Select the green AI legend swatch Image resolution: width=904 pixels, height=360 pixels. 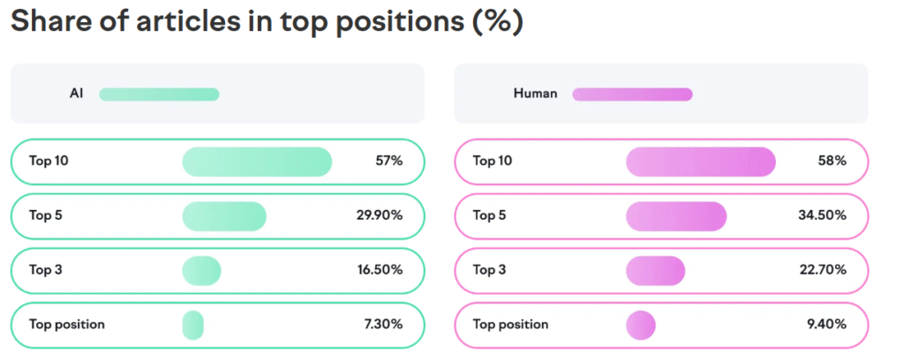click(159, 94)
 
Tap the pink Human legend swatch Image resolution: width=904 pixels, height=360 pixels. click(632, 94)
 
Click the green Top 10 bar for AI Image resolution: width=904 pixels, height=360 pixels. click(257, 161)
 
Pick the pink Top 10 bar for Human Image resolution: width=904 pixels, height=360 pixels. click(701, 161)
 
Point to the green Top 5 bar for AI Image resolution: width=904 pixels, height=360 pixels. click(224, 216)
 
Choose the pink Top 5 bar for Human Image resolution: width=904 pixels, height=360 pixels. click(676, 216)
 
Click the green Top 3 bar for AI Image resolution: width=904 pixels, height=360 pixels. click(202, 271)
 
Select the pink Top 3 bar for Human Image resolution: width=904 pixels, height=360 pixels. click(656, 271)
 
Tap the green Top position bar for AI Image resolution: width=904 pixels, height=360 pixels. click(193, 325)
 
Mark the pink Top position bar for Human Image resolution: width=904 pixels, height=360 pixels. click(641, 325)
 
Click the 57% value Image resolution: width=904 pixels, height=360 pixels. click(389, 161)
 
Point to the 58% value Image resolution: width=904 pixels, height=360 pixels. click(833, 161)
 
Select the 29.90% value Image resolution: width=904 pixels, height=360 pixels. click(380, 216)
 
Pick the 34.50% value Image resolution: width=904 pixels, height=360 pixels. click(823, 216)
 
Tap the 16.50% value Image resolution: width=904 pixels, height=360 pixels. click(380, 270)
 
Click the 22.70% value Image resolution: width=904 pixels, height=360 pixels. click(824, 270)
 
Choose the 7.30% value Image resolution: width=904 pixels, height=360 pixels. click(383, 325)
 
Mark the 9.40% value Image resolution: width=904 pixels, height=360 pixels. click(826, 325)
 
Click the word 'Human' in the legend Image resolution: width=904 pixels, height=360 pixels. click(536, 94)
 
